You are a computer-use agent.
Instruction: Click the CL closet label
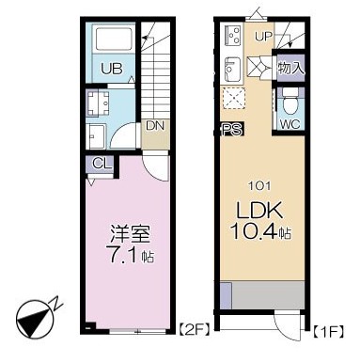pyautogui.click(x=97, y=164)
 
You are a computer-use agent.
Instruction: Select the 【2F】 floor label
pyautogui.click(x=194, y=330)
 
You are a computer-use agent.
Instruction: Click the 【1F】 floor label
pyautogui.click(x=328, y=330)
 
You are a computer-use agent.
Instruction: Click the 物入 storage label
pyautogui.click(x=291, y=68)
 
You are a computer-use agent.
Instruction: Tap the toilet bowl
pyautogui.click(x=290, y=99)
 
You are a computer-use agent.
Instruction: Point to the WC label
pyautogui.click(x=290, y=122)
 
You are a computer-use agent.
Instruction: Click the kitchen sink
pyautogui.click(x=231, y=71)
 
